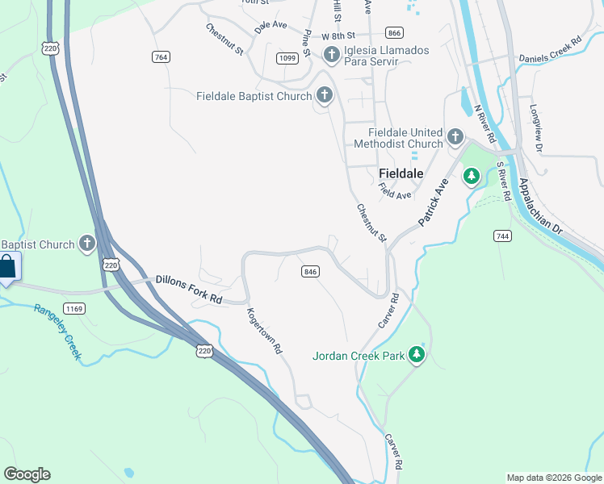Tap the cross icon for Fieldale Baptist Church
coord(324,96)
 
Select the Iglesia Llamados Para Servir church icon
coord(331,55)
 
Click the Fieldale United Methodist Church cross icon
coord(455,137)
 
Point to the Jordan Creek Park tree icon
coord(417,355)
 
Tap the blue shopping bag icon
coord(7,267)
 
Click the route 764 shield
coord(161,56)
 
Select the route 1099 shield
coord(287,58)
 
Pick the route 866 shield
coord(394,33)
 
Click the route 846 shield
coord(311,272)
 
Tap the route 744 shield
coord(503,235)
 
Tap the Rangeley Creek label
coord(57,331)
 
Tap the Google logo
coord(27,474)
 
